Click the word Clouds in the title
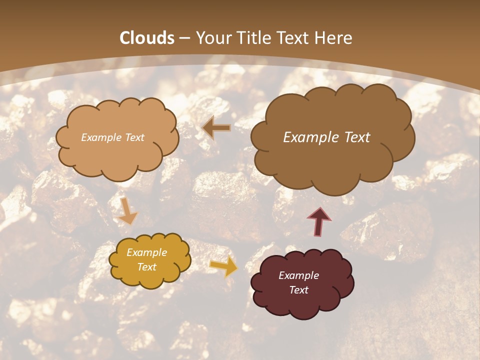tap(147, 38)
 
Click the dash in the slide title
tap(184, 38)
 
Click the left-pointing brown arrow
tap(216, 128)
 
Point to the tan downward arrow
tap(128, 210)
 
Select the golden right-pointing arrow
tap(223, 266)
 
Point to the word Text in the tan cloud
tap(133, 137)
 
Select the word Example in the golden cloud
tap(147, 252)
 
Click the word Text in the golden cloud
tap(147, 267)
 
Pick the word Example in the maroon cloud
tap(299, 275)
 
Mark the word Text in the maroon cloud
tap(299, 290)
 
